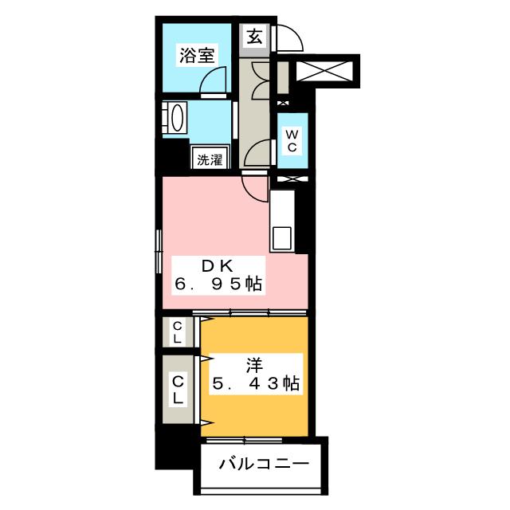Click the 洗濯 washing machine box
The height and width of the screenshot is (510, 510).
pyautogui.click(x=210, y=159)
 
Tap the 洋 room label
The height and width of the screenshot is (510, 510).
pyautogui.click(x=253, y=366)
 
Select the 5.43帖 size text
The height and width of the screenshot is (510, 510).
pyautogui.click(x=254, y=385)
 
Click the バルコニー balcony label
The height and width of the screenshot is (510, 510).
pyautogui.click(x=262, y=463)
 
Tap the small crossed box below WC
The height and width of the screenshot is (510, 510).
pyautogui.click(x=290, y=178)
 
